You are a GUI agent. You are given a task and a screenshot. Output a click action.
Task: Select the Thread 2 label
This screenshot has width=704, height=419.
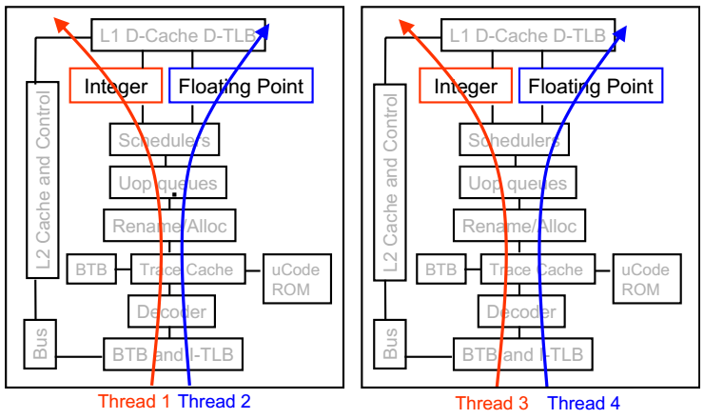(214, 402)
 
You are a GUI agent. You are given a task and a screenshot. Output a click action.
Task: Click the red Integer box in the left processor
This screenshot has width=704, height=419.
(116, 87)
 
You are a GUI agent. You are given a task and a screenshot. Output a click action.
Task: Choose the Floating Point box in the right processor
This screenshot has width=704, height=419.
(591, 87)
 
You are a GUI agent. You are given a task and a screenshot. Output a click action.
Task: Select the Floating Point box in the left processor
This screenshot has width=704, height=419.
(241, 87)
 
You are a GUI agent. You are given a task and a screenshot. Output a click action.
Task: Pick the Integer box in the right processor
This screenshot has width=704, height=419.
(466, 87)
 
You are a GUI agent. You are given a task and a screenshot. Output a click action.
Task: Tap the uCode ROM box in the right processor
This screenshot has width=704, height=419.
(640, 279)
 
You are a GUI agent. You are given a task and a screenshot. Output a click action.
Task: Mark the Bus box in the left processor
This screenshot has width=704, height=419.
(39, 345)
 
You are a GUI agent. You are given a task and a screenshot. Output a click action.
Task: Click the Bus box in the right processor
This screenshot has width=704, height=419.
(390, 345)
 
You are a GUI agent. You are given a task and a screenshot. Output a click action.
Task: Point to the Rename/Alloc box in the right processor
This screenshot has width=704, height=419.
(519, 226)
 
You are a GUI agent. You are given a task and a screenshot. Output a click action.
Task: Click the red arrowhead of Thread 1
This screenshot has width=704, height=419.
(63, 23)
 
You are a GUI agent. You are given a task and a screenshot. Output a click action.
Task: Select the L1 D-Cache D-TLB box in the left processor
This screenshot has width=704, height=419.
(173, 36)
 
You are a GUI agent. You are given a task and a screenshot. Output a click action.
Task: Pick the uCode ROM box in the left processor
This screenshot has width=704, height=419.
(290, 279)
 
